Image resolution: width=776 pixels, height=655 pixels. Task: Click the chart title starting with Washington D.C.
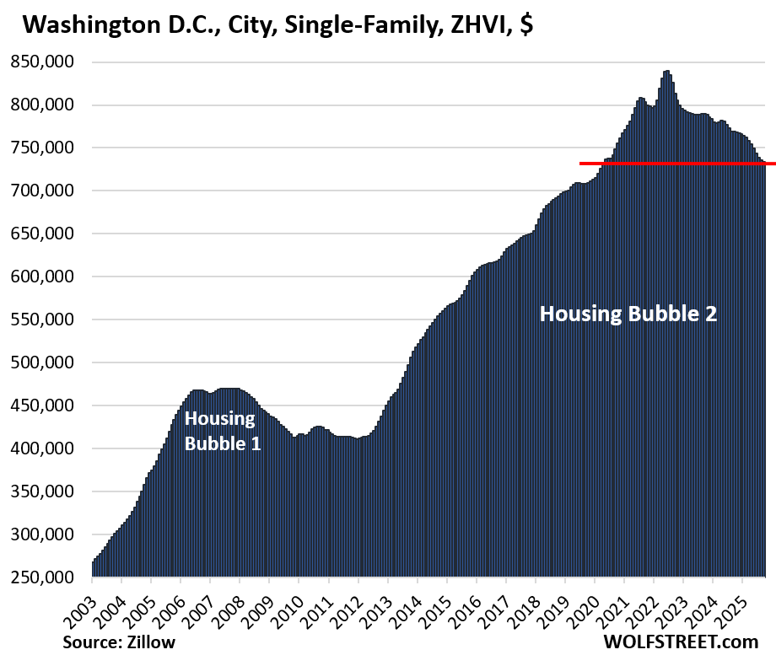click(x=278, y=26)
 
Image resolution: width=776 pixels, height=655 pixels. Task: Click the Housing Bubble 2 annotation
click(x=628, y=314)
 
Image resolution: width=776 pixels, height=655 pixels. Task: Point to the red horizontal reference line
click(x=675, y=164)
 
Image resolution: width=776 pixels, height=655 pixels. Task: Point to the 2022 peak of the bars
click(x=667, y=72)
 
